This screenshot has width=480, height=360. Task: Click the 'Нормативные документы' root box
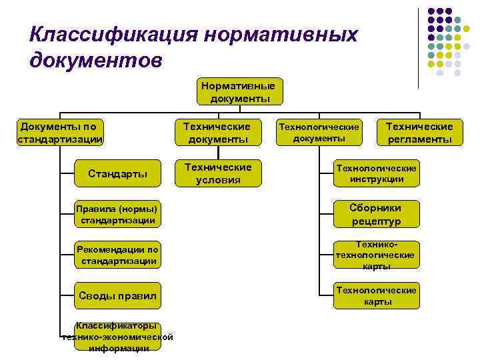click(x=240, y=92)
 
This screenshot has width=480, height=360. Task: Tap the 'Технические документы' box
click(x=217, y=133)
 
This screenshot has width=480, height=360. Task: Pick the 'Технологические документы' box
click(x=319, y=132)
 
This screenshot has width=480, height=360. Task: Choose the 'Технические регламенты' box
click(x=419, y=133)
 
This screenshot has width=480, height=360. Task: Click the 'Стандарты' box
click(x=117, y=173)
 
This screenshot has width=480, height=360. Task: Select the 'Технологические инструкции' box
click(x=377, y=173)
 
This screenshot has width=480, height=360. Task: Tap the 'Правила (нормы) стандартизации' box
click(x=117, y=214)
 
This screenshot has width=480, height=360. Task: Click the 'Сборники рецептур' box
click(x=377, y=214)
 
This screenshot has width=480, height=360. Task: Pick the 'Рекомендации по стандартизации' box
click(x=117, y=255)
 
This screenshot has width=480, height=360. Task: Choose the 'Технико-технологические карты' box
click(x=377, y=255)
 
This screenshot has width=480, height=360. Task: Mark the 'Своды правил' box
click(x=117, y=295)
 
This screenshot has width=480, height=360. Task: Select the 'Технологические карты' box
click(x=377, y=295)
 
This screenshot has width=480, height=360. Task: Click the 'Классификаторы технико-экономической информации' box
click(x=117, y=337)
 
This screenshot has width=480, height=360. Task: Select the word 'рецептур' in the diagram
click(x=377, y=221)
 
